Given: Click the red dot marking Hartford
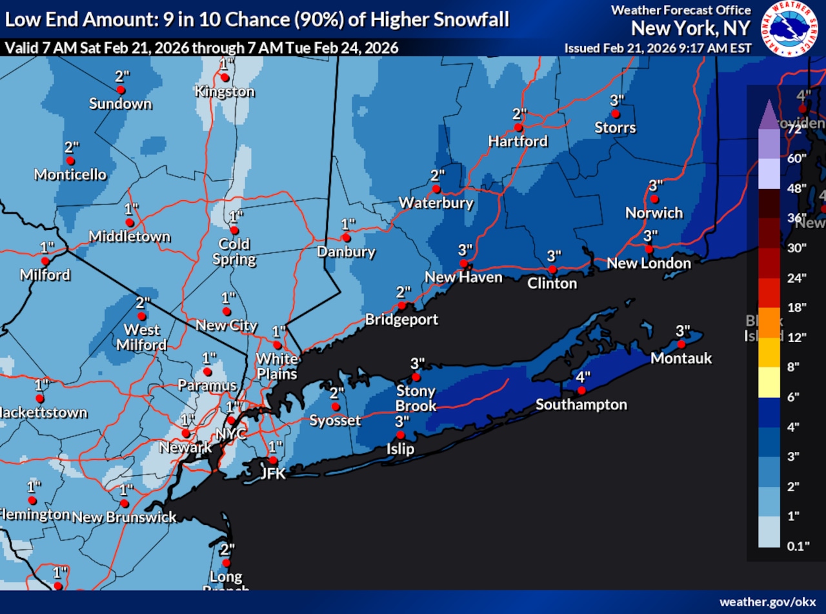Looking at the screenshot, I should pos(518,127).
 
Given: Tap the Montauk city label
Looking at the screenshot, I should pos(681,358).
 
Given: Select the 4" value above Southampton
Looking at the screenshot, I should pos(583,377).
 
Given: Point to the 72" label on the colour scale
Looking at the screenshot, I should pos(794,128).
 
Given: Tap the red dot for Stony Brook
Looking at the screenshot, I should pos(416,377).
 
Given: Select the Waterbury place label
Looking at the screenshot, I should pos(436,203).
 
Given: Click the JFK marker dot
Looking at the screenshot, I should pos(273,460).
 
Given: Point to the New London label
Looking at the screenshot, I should pos(649,263).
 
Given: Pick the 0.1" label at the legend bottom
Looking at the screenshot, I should pos(798,546).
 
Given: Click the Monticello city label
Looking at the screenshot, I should pos(70,174).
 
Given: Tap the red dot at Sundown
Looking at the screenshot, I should pos(120,90).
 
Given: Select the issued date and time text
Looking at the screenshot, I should pos(658,48).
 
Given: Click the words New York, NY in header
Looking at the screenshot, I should pos(690,28).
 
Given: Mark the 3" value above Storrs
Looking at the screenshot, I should pos(617,100).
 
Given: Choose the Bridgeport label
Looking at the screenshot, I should pos(401,319).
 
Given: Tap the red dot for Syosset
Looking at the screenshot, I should pos(336,407).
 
